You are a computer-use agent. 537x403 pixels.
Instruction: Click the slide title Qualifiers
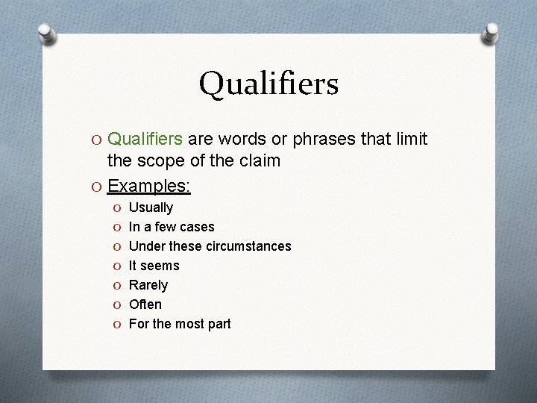pos(268,83)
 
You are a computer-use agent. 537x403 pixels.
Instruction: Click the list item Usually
pos(151,207)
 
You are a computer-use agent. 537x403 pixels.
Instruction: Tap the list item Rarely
pos(148,285)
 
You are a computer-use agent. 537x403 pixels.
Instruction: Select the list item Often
pos(145,304)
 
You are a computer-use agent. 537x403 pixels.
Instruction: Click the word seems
pos(159,266)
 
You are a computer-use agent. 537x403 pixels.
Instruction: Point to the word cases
pos(198,227)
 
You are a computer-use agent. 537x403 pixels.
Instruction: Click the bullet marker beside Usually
pos(116,207)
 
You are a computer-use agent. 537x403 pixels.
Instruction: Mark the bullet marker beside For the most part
pos(116,324)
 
